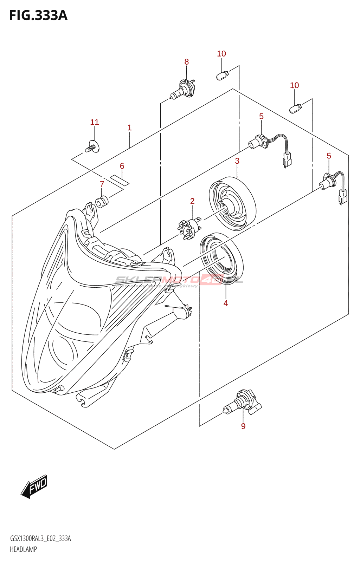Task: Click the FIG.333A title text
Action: (38, 15)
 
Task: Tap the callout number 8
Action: (186, 62)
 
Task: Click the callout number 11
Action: (95, 122)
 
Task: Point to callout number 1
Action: (129, 128)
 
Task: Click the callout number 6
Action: (122, 166)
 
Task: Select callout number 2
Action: (192, 201)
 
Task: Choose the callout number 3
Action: (237, 161)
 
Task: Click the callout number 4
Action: (226, 303)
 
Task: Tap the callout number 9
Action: (243, 426)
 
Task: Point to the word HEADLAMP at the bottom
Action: (23, 549)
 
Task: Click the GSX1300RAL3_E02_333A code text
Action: (40, 538)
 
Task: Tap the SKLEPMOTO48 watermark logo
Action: (179, 280)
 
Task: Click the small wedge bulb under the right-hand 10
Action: (295, 108)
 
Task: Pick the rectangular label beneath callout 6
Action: (120, 179)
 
